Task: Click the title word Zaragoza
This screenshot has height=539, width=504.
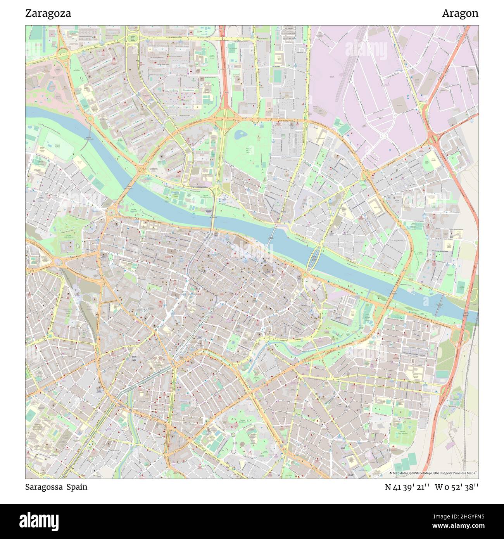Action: (48, 13)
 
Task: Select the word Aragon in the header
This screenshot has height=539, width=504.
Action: (460, 13)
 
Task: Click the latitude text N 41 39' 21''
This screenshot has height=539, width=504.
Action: (407, 487)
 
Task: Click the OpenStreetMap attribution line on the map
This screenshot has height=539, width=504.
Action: (433, 473)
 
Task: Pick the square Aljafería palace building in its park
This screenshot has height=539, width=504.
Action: (68, 245)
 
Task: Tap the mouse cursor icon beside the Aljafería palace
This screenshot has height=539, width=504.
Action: (78, 245)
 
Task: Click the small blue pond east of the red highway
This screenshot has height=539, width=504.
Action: (239, 135)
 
